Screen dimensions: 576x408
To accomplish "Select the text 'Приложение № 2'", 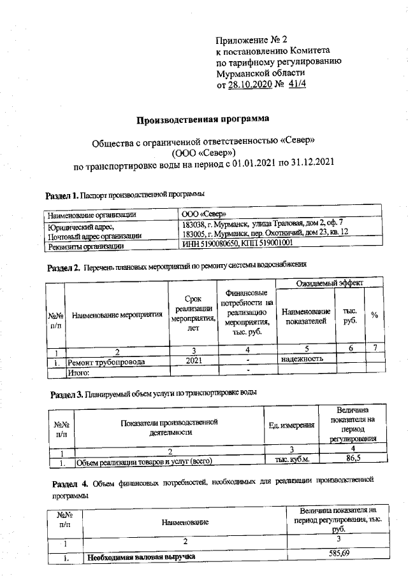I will point(252,39).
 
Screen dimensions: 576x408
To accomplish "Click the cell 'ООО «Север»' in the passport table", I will point(203,214).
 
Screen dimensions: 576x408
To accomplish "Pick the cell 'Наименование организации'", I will point(92,214).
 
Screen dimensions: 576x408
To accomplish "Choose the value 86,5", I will point(354,458).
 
